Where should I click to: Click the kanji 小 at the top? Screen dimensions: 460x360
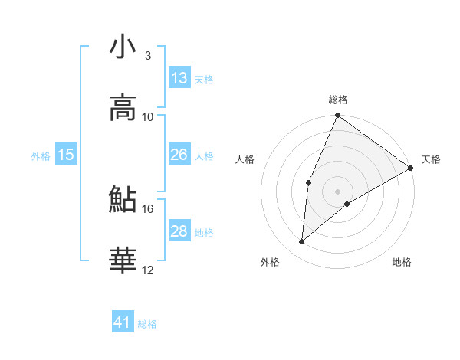coord(123,47)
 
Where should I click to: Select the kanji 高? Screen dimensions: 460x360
coord(123,108)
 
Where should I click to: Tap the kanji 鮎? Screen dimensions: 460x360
coord(123,200)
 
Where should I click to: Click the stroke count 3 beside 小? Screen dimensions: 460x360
coord(147,56)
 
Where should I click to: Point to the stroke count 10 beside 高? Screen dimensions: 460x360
coord(148,117)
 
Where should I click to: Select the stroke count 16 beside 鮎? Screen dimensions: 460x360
coord(148,208)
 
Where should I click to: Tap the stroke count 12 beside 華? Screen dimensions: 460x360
coord(148,270)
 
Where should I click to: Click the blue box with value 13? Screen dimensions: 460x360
coord(179,78)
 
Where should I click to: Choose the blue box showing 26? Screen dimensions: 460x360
coord(179,155)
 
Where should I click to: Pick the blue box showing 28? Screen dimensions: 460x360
coord(179,231)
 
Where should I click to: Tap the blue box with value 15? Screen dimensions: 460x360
coord(66,155)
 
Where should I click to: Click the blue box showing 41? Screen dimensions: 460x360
coord(123,322)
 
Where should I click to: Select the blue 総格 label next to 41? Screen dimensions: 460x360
coord(147,324)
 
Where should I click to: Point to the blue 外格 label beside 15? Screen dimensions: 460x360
coord(41,156)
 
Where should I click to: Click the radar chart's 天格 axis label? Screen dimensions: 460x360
coord(431,160)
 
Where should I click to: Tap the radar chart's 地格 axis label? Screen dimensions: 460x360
coord(402,263)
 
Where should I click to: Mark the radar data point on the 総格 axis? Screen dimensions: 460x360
coord(337,116)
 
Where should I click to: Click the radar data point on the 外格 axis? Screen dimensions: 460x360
coord(301,242)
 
